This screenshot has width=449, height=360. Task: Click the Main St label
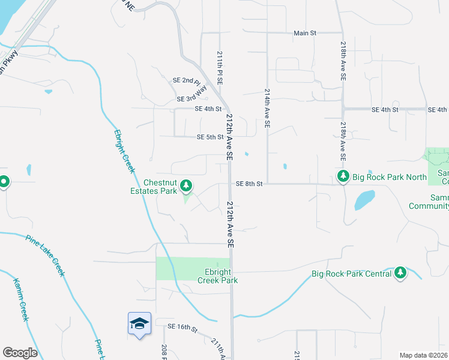click(x=305, y=33)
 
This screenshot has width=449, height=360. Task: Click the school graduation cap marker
click(x=139, y=324)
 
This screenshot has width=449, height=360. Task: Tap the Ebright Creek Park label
click(x=218, y=276)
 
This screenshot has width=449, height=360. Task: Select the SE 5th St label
click(x=210, y=137)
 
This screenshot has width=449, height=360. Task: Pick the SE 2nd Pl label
click(x=185, y=81)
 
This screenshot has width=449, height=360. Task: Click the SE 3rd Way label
click(x=191, y=98)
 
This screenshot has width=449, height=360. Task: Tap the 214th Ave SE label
click(x=267, y=109)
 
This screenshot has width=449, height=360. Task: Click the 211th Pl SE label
click(x=220, y=67)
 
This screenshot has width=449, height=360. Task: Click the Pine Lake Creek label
click(x=45, y=255)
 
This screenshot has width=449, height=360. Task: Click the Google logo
click(x=20, y=353)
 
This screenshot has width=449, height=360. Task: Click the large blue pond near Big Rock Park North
click(x=364, y=199)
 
